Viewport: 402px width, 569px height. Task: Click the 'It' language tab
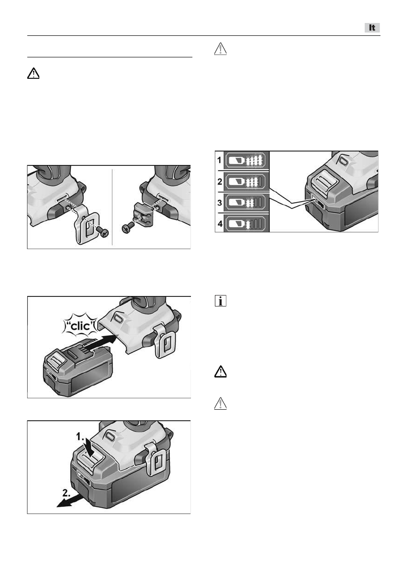click(372, 28)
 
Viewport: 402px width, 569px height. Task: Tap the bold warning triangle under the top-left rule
click(33, 73)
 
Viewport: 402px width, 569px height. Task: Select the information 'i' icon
click(221, 301)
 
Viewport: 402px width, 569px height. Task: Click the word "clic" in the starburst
click(80, 326)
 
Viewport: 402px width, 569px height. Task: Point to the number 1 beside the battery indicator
click(219, 160)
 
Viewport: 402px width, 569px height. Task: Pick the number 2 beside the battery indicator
click(219, 181)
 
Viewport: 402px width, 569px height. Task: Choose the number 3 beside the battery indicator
click(219, 202)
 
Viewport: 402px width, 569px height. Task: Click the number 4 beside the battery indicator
click(220, 223)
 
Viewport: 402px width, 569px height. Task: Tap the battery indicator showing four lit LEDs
click(246, 160)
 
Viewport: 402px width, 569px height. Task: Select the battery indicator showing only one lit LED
click(246, 223)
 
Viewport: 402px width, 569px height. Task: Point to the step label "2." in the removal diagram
click(67, 493)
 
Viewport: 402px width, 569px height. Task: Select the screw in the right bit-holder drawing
click(128, 228)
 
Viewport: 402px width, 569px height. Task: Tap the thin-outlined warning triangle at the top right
click(221, 49)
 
